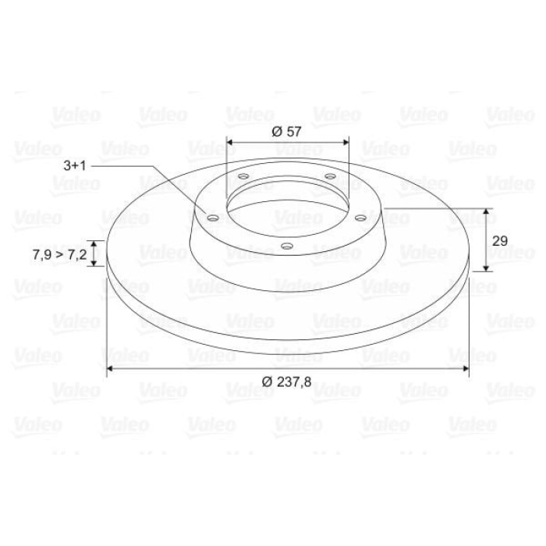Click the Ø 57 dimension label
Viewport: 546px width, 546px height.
[x=286, y=132]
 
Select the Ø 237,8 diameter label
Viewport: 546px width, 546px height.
[x=286, y=382]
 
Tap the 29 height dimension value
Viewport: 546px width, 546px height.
[x=500, y=240]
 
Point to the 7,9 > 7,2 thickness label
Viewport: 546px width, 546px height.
[x=59, y=254]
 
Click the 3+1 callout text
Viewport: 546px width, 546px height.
[x=75, y=165]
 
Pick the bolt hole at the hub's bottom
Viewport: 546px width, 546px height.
[x=286, y=246]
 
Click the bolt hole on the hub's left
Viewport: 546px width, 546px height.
[x=213, y=218]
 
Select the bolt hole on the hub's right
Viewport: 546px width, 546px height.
[x=360, y=218]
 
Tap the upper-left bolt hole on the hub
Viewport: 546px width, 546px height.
[x=243, y=176]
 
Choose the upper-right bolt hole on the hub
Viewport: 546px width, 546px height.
[x=330, y=176]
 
